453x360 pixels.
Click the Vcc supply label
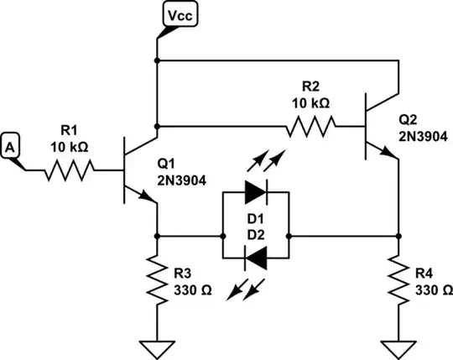[179, 14]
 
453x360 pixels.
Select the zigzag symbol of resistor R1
[69, 170]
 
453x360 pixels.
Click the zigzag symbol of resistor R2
[311, 127]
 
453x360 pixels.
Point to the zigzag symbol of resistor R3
[157, 280]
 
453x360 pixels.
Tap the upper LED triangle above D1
[254, 192]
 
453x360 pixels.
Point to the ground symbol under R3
[157, 342]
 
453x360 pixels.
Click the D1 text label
[255, 218]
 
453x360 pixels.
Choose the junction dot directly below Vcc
[157, 61]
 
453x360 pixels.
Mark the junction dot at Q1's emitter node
[157, 236]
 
